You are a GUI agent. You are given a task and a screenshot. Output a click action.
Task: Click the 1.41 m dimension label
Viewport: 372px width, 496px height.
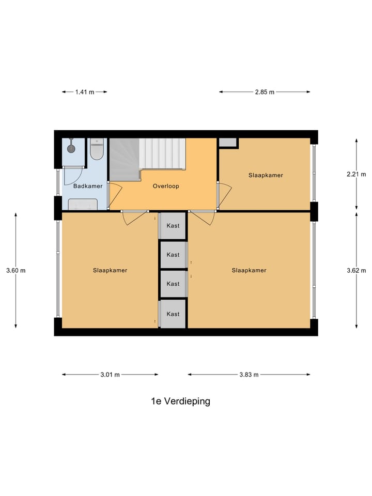85,92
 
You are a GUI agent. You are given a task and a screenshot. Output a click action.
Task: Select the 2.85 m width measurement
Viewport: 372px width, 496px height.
264,92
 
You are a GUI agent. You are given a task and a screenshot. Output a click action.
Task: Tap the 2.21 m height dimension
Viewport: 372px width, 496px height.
356,175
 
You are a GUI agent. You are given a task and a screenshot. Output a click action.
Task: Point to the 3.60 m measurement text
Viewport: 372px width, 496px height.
16,270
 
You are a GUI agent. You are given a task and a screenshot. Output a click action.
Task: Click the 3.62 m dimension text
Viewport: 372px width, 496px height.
356,270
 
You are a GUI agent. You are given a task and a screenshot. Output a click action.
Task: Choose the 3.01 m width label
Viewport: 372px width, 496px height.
110,375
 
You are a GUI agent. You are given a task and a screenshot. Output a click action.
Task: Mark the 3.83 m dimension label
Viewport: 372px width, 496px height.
249,375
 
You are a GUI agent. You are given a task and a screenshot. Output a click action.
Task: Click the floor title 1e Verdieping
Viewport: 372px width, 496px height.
180,401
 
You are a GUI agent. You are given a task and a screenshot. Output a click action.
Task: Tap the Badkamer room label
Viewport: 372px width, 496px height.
88,186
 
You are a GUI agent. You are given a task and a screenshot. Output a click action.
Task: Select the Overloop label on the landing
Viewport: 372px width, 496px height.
166,186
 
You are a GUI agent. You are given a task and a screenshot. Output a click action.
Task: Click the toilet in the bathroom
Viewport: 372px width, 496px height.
97,149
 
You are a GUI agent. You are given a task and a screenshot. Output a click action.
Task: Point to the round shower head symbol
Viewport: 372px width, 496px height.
71,149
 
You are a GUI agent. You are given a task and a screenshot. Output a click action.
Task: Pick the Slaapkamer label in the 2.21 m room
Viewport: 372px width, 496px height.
266,175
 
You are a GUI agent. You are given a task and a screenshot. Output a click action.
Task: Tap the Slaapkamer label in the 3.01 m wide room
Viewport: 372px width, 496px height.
110,270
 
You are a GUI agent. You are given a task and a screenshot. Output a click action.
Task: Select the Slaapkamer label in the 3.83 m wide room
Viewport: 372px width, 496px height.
249,270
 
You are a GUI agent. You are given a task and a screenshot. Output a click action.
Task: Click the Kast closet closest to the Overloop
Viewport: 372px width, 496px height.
173,226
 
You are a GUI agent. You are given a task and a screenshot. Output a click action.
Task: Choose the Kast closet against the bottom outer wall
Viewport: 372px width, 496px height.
173,314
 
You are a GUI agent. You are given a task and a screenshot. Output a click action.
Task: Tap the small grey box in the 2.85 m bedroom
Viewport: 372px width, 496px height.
228,143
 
